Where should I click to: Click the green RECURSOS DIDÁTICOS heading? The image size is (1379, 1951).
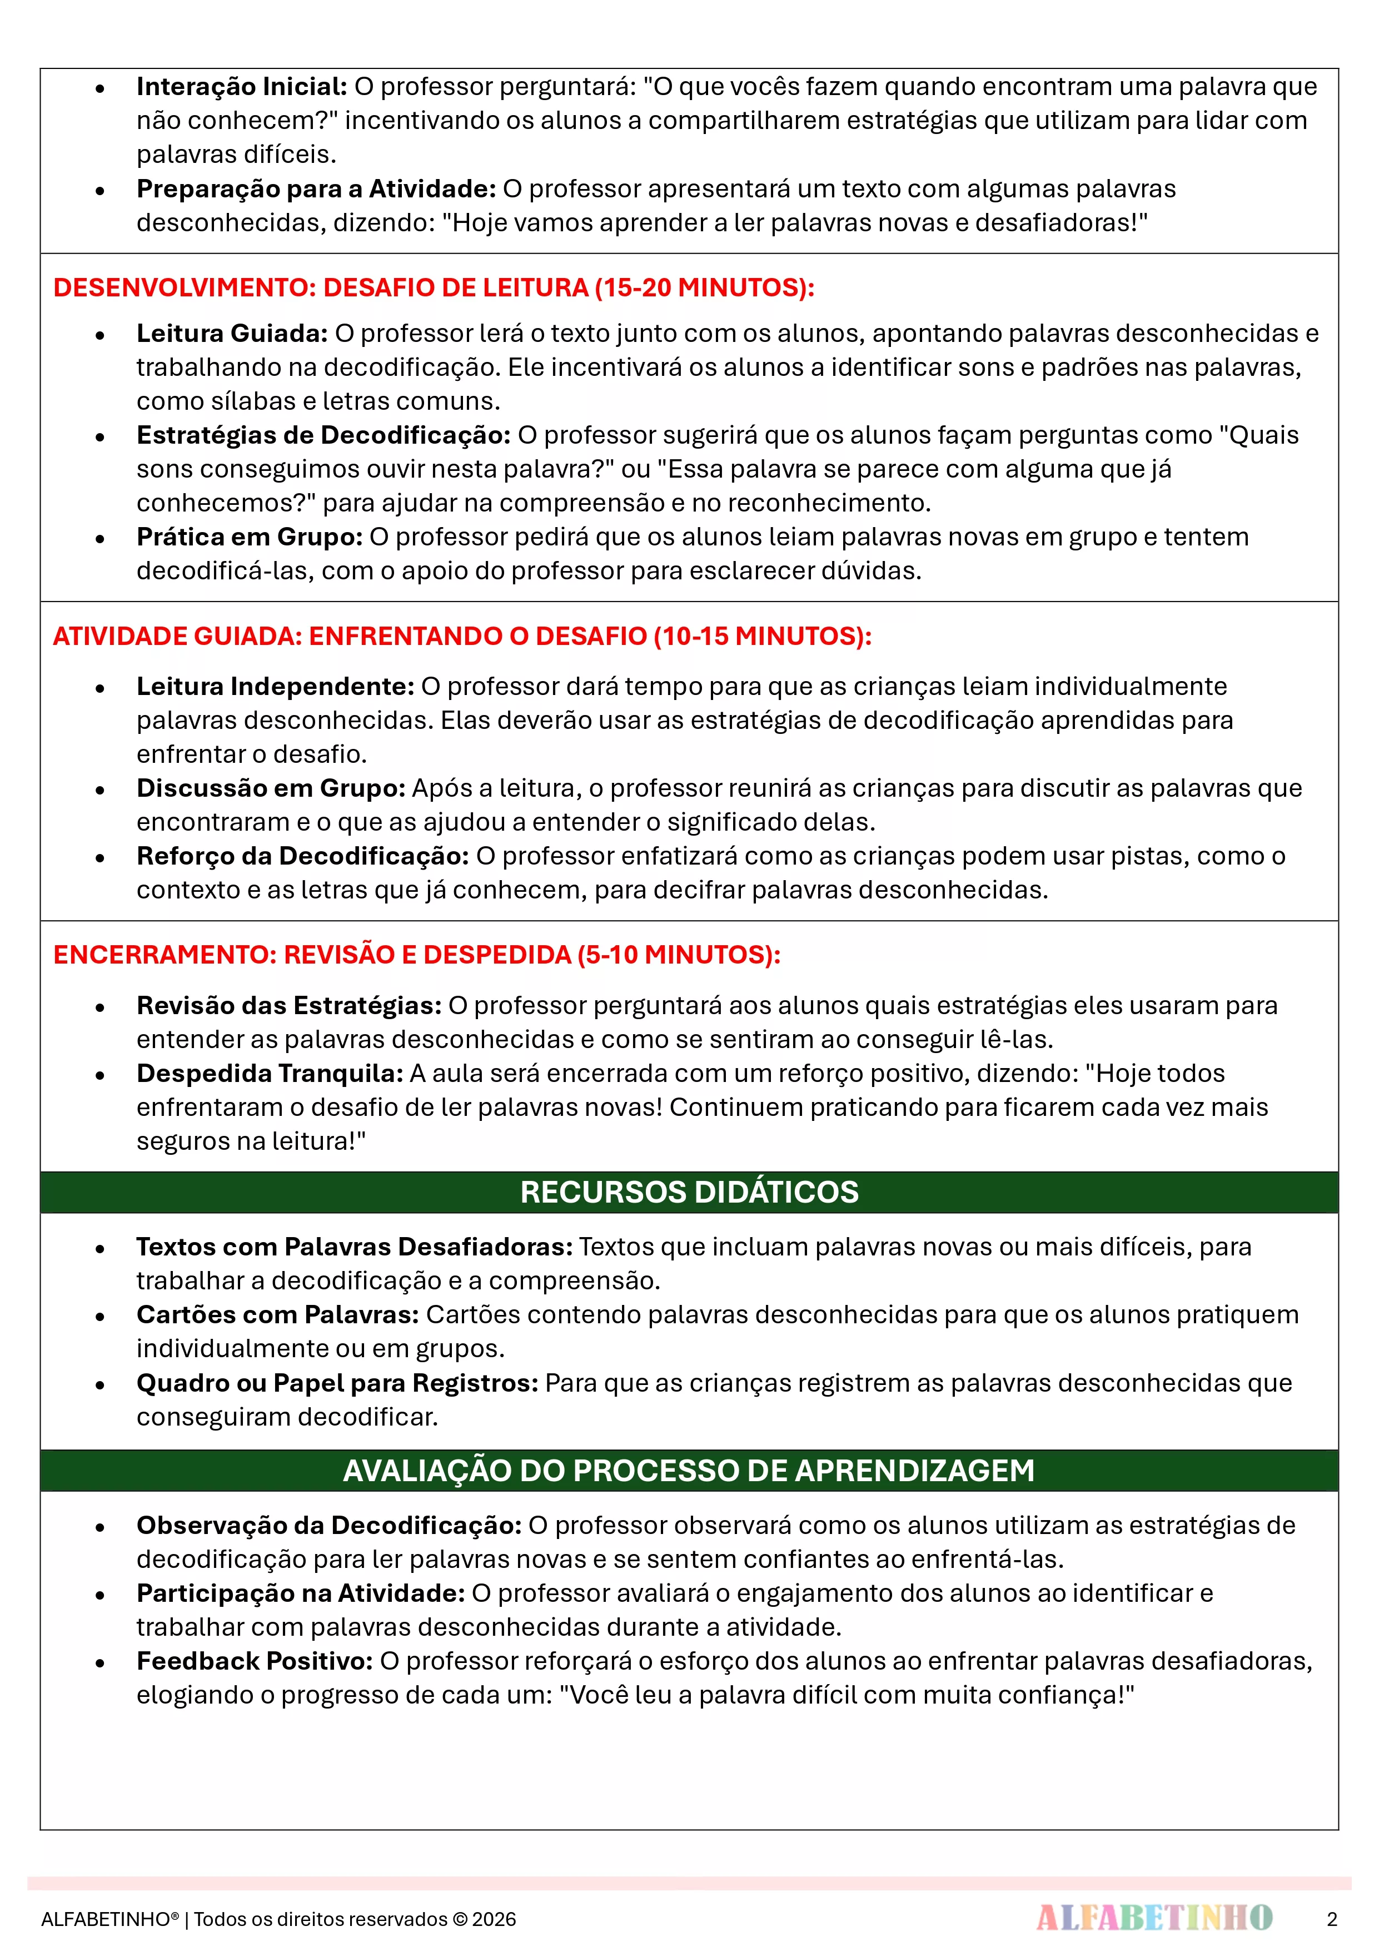[689, 1192]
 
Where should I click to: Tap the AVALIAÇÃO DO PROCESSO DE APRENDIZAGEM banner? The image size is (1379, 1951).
[689, 1470]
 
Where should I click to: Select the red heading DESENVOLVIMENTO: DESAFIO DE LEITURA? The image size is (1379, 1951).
[434, 287]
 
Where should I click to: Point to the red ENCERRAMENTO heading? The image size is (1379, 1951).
[416, 954]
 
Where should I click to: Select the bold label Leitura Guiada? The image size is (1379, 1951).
[232, 333]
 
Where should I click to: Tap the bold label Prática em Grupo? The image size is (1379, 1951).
[250, 537]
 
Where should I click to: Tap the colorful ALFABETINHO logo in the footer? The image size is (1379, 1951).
[1154, 1918]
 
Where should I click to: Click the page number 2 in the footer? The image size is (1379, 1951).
[1331, 1919]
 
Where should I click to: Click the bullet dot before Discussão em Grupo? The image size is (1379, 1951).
[100, 790]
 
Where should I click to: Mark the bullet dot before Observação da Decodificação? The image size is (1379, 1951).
[100, 1527]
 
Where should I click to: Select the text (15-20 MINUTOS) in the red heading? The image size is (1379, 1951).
[704, 287]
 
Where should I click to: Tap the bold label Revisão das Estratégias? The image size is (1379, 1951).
[289, 1005]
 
